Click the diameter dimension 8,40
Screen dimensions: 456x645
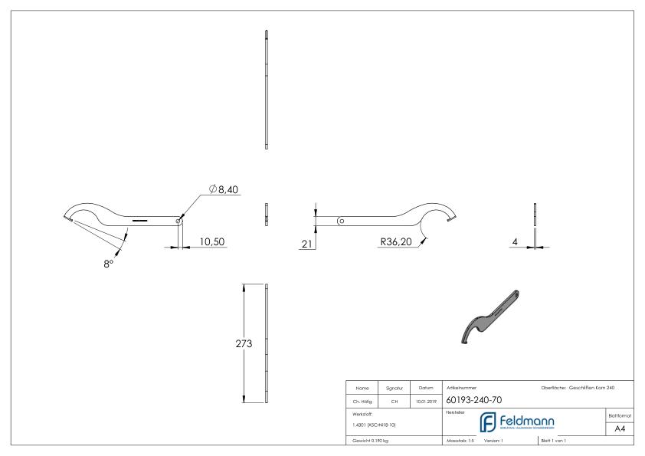[224, 189]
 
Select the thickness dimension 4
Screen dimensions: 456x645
[516, 241]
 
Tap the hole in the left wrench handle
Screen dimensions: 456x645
[178, 221]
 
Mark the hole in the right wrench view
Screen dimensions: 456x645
[341, 221]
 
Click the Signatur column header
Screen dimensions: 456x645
[396, 387]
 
